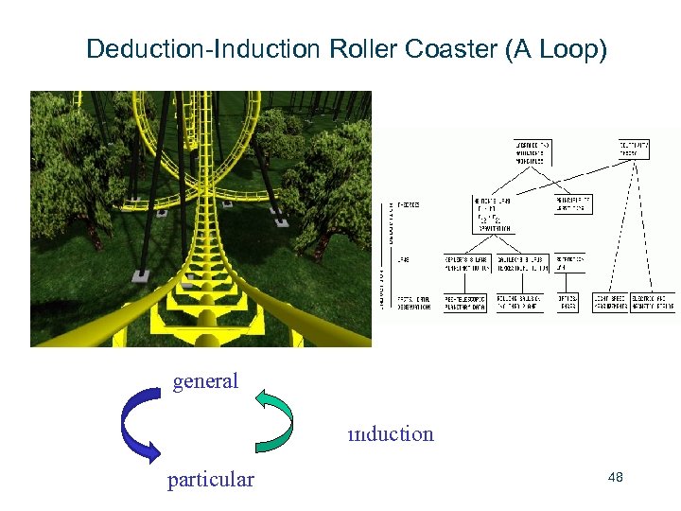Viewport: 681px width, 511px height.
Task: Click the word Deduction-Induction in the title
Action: click(204, 49)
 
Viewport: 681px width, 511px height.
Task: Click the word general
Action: click(205, 381)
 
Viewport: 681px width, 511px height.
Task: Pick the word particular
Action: click(211, 480)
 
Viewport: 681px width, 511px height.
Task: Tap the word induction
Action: click(391, 434)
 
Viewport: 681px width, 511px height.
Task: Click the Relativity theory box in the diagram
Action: click(635, 149)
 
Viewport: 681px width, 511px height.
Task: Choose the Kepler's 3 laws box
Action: click(464, 262)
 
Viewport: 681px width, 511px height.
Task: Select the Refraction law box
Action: click(570, 262)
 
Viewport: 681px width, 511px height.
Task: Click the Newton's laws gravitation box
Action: click(494, 215)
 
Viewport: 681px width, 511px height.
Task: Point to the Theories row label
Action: click(410, 205)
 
